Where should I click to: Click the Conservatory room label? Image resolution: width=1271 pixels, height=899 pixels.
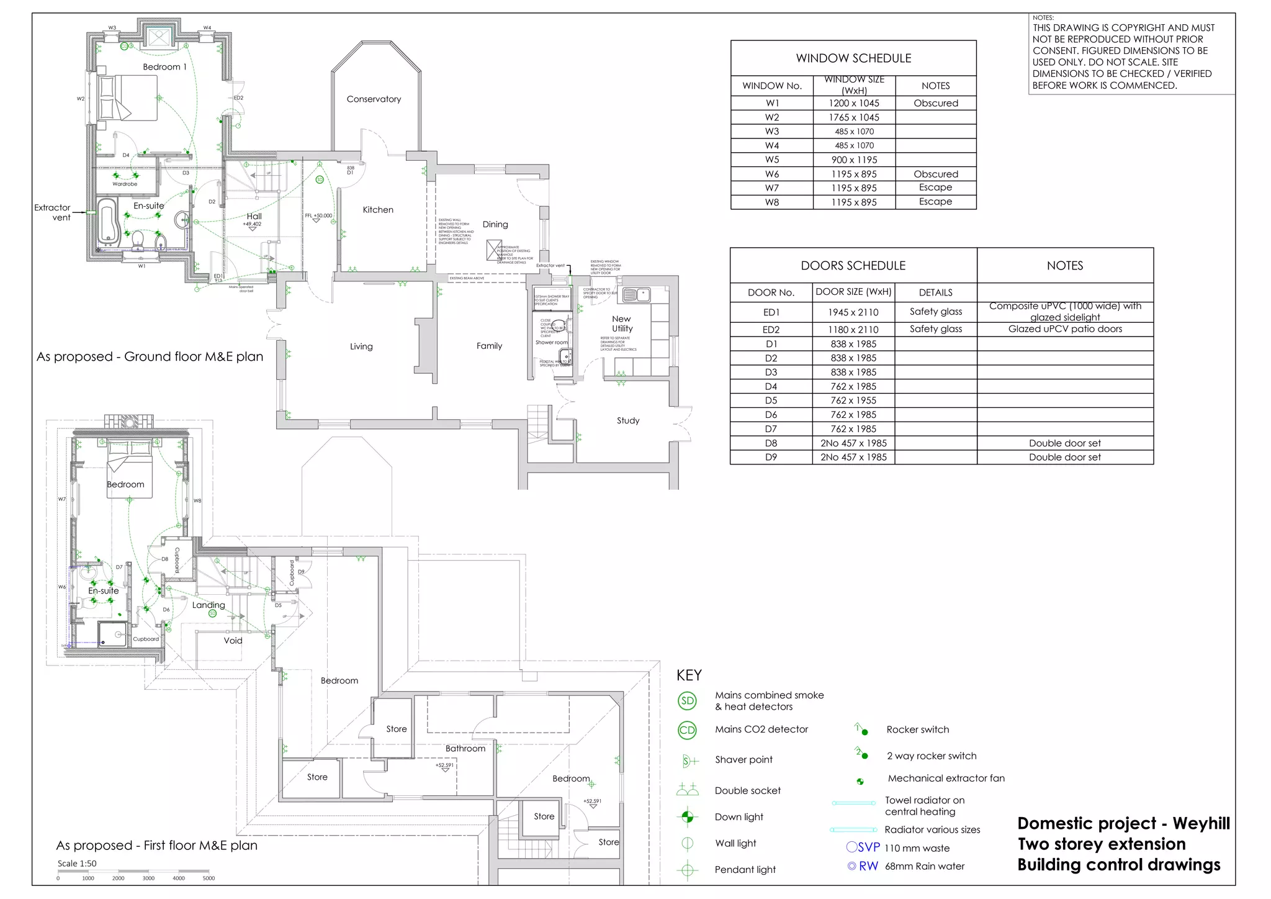(x=374, y=99)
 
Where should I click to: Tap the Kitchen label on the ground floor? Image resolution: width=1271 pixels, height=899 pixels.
(x=378, y=210)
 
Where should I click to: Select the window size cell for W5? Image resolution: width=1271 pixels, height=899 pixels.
(x=854, y=160)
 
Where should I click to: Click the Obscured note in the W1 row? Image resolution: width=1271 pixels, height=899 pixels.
(x=935, y=103)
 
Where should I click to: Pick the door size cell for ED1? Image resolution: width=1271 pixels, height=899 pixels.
(x=853, y=312)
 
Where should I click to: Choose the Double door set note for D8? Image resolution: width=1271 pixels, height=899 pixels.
(x=1064, y=443)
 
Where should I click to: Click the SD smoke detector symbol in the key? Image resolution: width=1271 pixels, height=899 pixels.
(x=687, y=701)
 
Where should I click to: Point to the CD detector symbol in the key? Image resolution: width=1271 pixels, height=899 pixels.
(x=687, y=730)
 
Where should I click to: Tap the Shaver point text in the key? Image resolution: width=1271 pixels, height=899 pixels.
(x=743, y=760)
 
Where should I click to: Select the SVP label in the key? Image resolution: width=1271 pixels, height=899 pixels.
(x=868, y=847)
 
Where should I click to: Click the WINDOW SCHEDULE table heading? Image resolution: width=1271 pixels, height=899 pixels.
(x=853, y=58)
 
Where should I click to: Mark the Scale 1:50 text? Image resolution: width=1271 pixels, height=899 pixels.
(x=77, y=864)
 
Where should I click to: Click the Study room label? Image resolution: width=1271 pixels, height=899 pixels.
(x=627, y=420)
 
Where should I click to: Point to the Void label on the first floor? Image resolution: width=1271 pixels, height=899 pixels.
(x=233, y=641)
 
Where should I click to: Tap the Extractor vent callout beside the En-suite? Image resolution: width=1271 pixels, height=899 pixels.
(x=53, y=212)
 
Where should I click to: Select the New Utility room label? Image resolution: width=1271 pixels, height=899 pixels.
(x=622, y=323)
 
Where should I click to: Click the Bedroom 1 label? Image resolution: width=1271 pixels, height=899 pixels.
(x=164, y=67)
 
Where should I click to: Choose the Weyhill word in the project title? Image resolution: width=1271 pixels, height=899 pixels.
(x=1201, y=824)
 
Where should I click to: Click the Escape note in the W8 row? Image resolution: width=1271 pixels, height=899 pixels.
(x=935, y=202)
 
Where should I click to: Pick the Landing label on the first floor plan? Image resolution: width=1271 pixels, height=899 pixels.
(x=208, y=605)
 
